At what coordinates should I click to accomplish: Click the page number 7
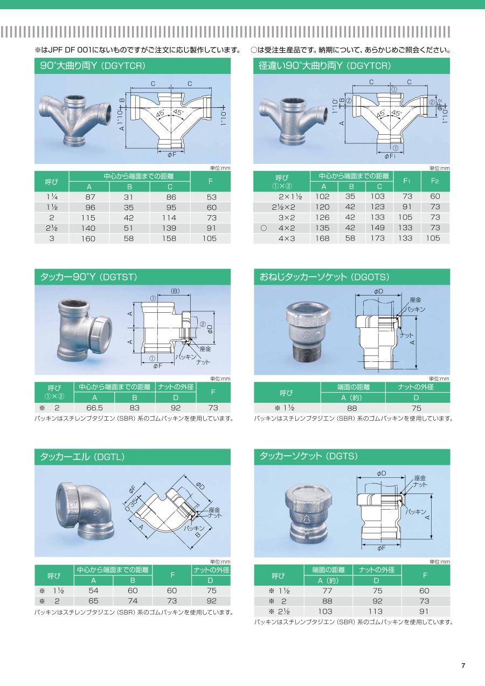click(463, 666)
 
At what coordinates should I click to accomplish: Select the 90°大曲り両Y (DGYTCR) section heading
click(93, 66)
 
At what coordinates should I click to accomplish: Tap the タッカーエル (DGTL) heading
click(82, 457)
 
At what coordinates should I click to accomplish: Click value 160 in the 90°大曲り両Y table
click(88, 238)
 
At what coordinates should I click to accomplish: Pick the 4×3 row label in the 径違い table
click(287, 238)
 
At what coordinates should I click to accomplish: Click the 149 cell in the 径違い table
click(378, 228)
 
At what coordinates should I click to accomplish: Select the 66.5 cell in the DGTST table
click(94, 408)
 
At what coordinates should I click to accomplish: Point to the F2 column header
click(435, 181)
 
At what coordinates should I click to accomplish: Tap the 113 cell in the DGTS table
click(376, 612)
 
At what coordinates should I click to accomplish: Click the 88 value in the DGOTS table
click(352, 408)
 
